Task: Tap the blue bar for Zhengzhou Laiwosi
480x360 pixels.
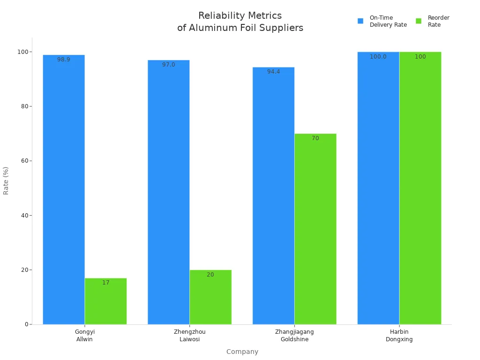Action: pyautogui.click(x=169, y=192)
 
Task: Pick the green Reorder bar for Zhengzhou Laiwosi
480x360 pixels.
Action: pyautogui.click(x=210, y=297)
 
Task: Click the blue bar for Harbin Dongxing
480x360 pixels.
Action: pyautogui.click(x=378, y=188)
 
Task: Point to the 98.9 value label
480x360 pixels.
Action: pyautogui.click(x=64, y=60)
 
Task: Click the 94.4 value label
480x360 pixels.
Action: pyautogui.click(x=274, y=72)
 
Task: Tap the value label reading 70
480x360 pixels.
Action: pyautogui.click(x=315, y=138)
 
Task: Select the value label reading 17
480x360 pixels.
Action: pyautogui.click(x=106, y=283)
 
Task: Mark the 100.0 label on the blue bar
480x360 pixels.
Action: pyautogui.click(x=378, y=57)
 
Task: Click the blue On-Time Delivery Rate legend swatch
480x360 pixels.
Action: pyautogui.click(x=360, y=21)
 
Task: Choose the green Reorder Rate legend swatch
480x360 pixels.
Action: pyautogui.click(x=419, y=21)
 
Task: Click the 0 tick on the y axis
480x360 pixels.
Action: pyautogui.click(x=27, y=324)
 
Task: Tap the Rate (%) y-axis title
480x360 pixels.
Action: pyautogui.click(x=6, y=180)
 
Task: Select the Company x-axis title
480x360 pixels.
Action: pyautogui.click(x=242, y=352)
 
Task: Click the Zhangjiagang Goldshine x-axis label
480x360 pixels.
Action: pyautogui.click(x=294, y=336)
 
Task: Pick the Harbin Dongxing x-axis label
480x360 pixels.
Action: pyautogui.click(x=399, y=336)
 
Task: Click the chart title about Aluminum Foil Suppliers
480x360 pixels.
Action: pyautogui.click(x=240, y=22)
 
